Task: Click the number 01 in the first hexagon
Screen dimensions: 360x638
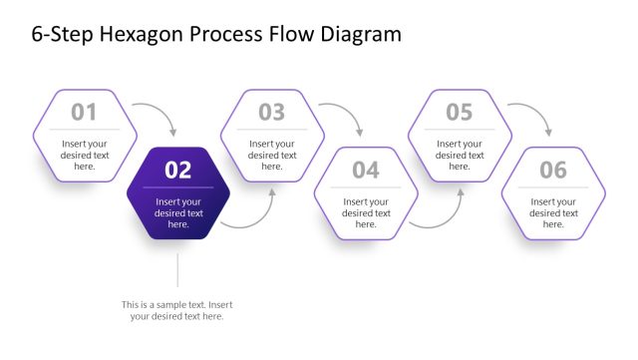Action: coord(84,112)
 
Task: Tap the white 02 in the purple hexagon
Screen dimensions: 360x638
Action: coord(177,171)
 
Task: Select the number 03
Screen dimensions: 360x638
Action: coord(271,112)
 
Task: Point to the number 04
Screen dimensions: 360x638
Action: coord(365,171)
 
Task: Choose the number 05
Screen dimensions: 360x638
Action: coord(459,112)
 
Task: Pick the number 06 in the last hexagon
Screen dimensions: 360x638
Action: coord(552,171)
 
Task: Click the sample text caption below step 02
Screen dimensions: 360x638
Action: coord(177,310)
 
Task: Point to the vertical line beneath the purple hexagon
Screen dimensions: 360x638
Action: coord(177,270)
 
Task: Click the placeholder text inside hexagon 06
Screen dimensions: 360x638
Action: coord(552,213)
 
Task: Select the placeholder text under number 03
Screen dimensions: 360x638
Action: coord(271,155)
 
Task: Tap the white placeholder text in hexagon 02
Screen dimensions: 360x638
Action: coord(177,213)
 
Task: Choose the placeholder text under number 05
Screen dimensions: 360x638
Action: coord(459,155)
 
